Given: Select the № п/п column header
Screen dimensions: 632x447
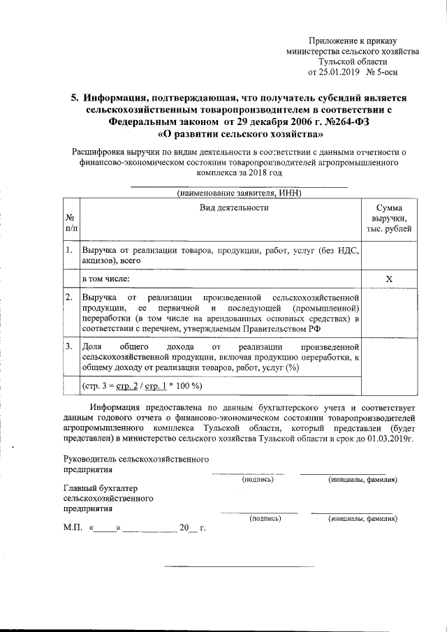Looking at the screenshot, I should click(71, 223).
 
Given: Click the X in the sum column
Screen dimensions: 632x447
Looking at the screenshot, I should click(389, 279).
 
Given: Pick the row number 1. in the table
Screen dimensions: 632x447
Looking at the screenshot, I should click(70, 249).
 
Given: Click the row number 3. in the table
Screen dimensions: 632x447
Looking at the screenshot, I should click(70, 346).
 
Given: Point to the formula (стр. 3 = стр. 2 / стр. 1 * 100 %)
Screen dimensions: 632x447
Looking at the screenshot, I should click(142, 385).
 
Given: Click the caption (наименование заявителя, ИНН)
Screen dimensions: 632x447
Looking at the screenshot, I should click(233, 192).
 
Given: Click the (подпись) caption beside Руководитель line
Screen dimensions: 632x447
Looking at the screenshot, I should click(257, 480).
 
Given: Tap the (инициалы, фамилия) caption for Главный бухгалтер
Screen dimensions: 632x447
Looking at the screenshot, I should click(362, 519).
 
